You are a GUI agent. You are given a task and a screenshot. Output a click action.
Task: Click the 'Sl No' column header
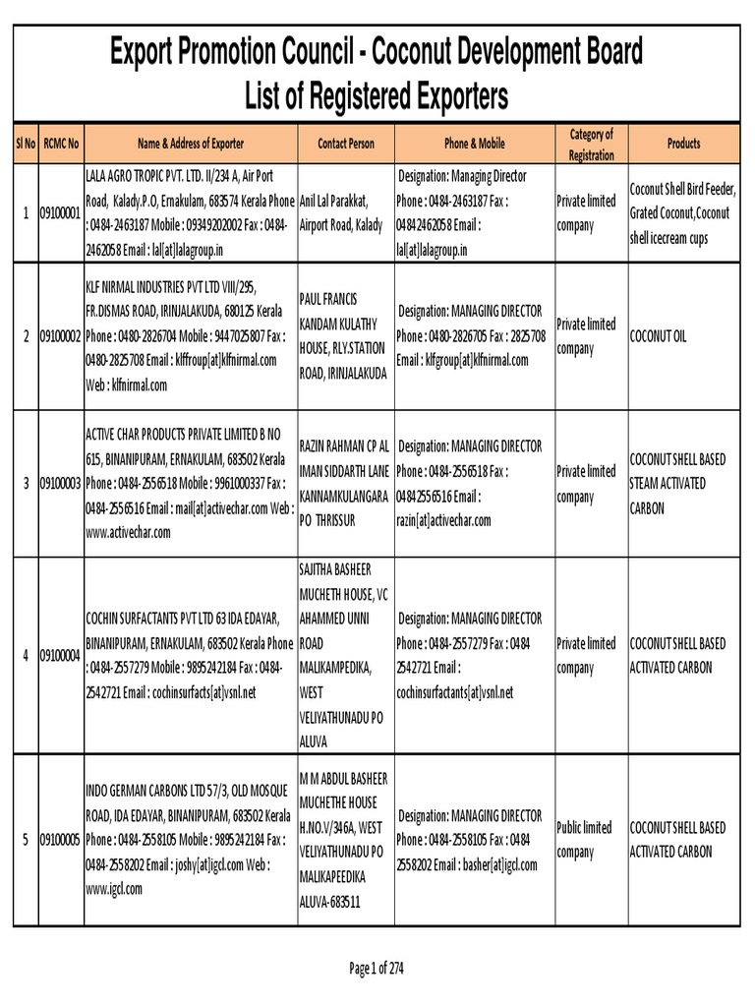[25, 144]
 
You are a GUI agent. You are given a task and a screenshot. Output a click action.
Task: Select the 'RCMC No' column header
[61, 144]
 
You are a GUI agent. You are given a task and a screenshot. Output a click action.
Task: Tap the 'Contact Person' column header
[345, 144]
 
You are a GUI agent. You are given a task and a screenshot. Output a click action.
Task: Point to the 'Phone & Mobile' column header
[474, 144]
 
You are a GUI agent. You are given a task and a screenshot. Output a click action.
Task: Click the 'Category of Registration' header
[591, 144]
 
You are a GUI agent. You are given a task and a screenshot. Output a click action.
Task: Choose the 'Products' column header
[683, 144]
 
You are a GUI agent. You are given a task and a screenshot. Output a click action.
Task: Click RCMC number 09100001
[61, 213]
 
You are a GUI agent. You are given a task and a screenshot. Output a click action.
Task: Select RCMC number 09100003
[61, 484]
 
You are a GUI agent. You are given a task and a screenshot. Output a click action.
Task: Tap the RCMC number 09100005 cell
[61, 840]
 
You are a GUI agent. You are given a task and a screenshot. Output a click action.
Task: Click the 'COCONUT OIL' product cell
[658, 336]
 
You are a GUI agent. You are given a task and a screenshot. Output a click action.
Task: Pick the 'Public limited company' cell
[584, 840]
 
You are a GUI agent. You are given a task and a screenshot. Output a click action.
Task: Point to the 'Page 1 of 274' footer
[377, 969]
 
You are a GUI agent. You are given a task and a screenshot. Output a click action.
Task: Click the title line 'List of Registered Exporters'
[377, 96]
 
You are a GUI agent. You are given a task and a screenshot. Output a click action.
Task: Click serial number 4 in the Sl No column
[25, 656]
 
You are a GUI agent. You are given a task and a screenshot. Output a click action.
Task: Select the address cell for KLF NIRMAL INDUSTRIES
[190, 336]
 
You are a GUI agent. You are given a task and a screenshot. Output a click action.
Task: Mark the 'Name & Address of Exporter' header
[191, 144]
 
